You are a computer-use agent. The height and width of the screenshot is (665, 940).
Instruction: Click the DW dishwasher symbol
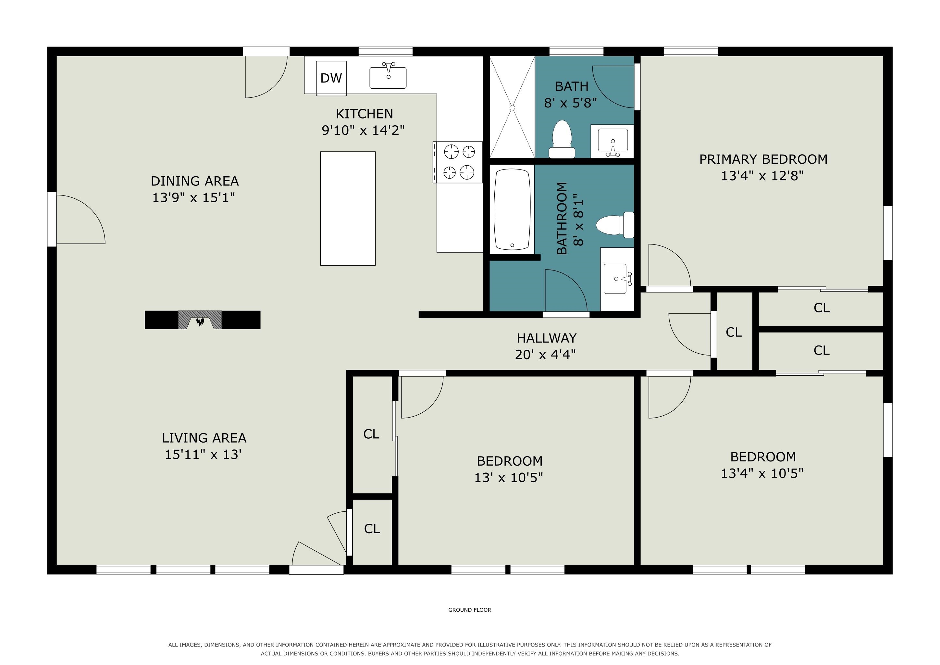click(331, 78)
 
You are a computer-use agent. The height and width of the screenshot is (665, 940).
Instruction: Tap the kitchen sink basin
click(388, 78)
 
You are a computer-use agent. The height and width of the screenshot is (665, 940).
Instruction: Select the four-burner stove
click(458, 162)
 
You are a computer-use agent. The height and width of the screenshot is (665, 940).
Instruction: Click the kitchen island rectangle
click(348, 208)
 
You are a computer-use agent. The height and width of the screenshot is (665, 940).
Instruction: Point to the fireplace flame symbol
click(200, 322)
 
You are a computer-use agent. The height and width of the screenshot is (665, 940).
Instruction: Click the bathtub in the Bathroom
click(512, 210)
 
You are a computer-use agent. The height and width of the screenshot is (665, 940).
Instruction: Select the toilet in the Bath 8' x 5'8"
click(562, 139)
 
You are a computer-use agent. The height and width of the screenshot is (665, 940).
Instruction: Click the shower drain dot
click(512, 108)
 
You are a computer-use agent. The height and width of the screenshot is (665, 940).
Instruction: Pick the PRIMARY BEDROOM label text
click(763, 159)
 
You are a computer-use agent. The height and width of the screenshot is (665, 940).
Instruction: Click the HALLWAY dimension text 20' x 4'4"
click(545, 355)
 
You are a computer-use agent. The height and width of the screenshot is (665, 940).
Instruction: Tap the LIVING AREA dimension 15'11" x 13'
click(203, 455)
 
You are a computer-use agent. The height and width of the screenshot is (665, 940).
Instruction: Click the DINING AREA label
click(194, 181)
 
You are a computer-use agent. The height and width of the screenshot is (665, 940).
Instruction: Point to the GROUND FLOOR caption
click(470, 610)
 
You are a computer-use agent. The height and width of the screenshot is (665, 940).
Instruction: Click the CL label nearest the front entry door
click(372, 529)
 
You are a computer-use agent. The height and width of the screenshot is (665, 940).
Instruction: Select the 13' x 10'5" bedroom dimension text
click(509, 477)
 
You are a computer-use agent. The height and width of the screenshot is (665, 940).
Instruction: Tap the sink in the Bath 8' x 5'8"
click(612, 141)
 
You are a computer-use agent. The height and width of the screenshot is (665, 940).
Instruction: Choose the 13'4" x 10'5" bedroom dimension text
click(762, 473)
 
